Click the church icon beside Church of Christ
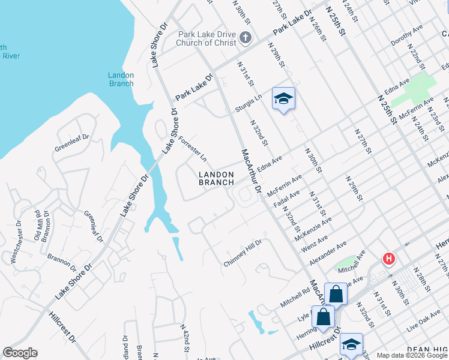[x=244, y=38]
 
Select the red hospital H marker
[x=389, y=259]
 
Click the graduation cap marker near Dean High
[x=351, y=344]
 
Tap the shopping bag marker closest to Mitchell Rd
[x=336, y=294]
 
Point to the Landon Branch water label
[x=121, y=79]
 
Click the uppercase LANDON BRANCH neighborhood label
[x=216, y=178]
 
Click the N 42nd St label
[x=186, y=339]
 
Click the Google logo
[x=20, y=353]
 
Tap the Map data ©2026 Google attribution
[x=411, y=355]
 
